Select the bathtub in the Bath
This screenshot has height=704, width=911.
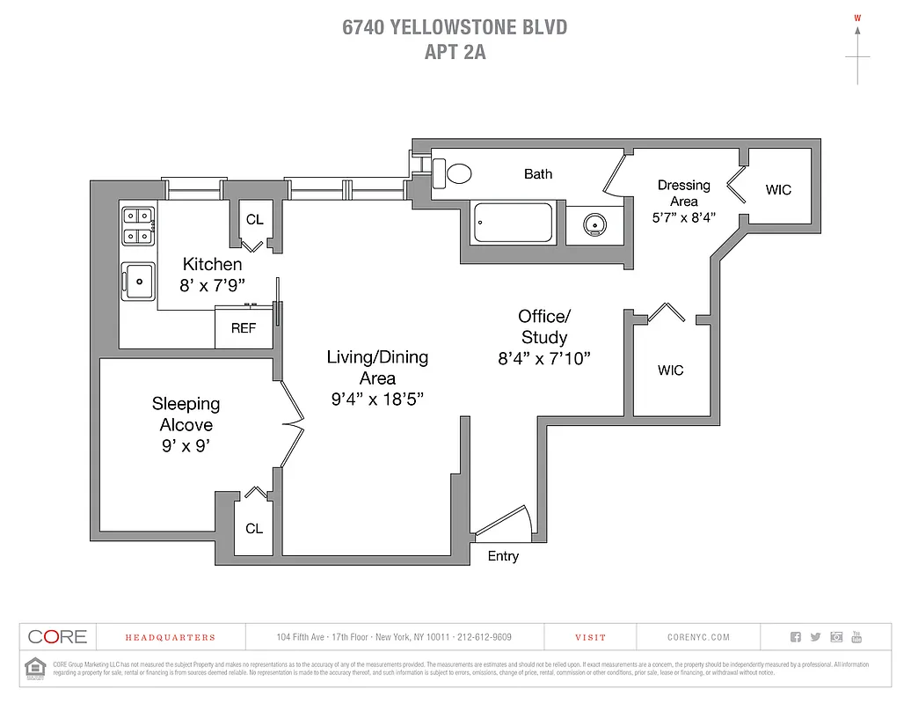[514, 223]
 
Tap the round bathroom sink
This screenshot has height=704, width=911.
[595, 225]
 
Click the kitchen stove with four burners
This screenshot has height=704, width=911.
[139, 224]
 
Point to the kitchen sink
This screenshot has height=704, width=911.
[138, 282]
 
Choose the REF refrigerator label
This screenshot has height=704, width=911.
[244, 328]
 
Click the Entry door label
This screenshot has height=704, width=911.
[503, 556]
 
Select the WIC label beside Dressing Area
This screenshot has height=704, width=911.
[778, 190]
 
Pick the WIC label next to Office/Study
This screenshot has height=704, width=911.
[670, 370]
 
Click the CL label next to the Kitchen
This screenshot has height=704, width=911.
[254, 220]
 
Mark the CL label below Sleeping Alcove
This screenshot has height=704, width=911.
[254, 529]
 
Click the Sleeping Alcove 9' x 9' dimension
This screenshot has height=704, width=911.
[186, 445]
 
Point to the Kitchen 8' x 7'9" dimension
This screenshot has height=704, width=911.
[212, 285]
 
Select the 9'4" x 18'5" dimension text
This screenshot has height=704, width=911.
[377, 399]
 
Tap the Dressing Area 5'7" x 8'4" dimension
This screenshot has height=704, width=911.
[683, 216]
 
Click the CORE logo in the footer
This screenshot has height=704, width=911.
[57, 637]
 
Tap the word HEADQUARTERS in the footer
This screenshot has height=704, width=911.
[170, 637]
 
